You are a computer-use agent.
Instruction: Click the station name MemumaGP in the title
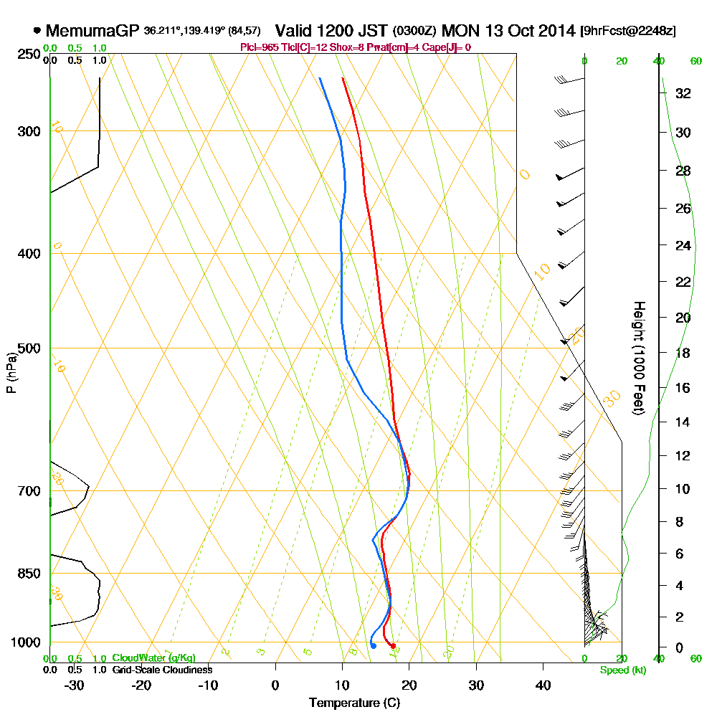92,31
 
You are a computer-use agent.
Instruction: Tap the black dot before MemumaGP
37,31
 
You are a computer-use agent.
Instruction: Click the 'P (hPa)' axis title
11,372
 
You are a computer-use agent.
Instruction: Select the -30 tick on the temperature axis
75,684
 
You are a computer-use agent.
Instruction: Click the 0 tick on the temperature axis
275,684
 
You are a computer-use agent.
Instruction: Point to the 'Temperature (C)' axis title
354,703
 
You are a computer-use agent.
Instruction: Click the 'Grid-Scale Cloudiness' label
161,670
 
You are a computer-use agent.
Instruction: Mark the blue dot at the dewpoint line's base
373,646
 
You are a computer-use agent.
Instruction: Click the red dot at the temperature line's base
392,646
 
